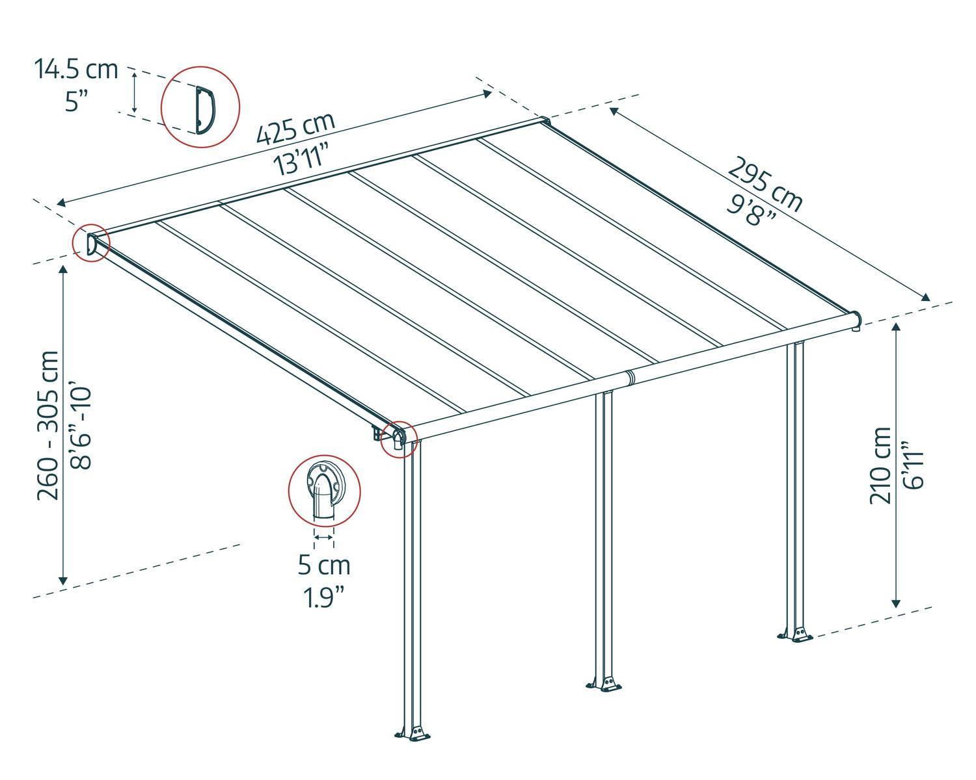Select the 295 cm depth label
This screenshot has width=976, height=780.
point(765,184)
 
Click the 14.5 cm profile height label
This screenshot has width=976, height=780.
point(75,70)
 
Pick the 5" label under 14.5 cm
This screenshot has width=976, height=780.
point(76,101)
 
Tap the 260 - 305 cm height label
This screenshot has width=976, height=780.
point(47,426)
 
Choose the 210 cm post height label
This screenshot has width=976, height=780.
point(880,465)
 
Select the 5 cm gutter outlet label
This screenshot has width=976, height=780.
point(324,565)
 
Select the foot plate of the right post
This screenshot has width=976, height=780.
point(795,634)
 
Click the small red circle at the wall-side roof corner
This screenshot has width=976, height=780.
point(91,243)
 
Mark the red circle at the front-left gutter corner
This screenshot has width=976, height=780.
point(399,439)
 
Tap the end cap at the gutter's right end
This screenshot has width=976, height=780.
point(856,320)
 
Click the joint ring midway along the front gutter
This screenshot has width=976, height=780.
point(629,378)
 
